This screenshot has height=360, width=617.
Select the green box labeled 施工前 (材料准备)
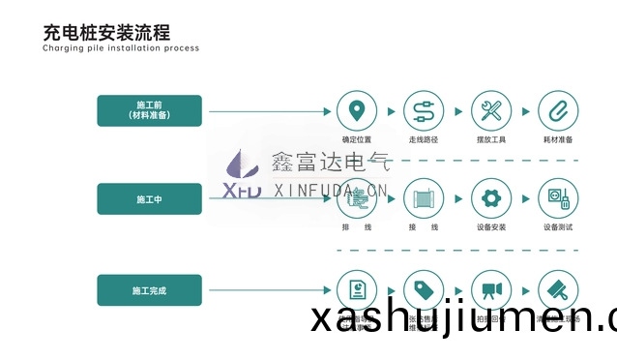click(149, 108)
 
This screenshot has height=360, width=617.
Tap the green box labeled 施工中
click(149, 198)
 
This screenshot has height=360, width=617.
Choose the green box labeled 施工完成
click(149, 289)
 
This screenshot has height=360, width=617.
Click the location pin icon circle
click(357, 109)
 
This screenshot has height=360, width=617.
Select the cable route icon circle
click(424, 109)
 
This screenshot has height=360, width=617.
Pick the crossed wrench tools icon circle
click(490, 109)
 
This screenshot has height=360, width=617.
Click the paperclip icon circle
click(557, 109)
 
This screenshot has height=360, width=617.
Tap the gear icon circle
click(490, 199)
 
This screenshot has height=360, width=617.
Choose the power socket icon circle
click(557, 199)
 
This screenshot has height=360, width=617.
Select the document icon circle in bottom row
click(356, 288)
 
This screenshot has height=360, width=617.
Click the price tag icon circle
click(424, 288)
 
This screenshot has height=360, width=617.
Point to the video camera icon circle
click(490, 288)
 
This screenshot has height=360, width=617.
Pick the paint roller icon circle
click(557, 288)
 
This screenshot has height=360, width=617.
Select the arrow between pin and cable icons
click(390, 109)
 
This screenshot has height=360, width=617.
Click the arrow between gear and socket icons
click(524, 199)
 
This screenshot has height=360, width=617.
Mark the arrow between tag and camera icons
click(456, 288)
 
